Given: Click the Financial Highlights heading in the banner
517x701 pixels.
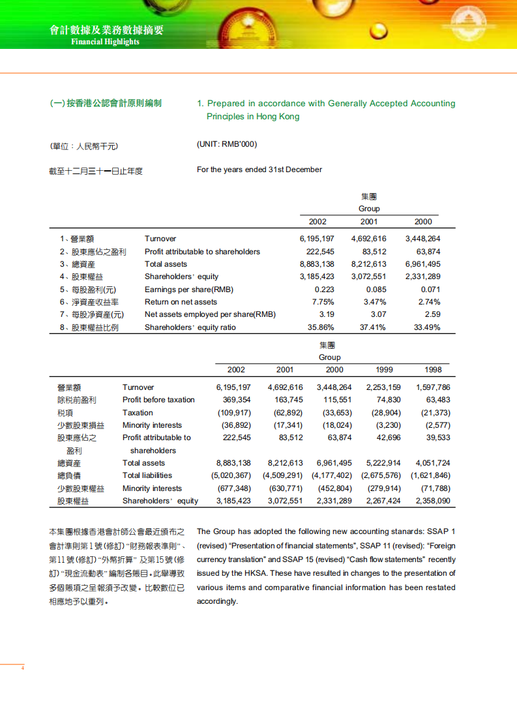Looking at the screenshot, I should click(x=105, y=42).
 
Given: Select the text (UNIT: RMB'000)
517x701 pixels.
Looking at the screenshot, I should click(x=222, y=144).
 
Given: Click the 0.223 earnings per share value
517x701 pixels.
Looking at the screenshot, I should click(x=324, y=290).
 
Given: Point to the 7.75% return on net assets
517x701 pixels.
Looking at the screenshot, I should click(x=323, y=302).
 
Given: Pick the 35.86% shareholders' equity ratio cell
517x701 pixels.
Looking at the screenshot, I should click(x=321, y=327).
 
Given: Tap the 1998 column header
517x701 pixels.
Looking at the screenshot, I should click(x=433, y=370).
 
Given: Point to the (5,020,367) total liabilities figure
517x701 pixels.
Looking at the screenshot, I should click(x=231, y=475).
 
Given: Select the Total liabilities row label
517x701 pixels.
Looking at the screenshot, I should click(x=147, y=475).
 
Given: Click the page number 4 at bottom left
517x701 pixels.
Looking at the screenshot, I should click(x=23, y=668).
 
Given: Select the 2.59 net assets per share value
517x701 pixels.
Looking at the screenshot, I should click(x=432, y=314).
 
